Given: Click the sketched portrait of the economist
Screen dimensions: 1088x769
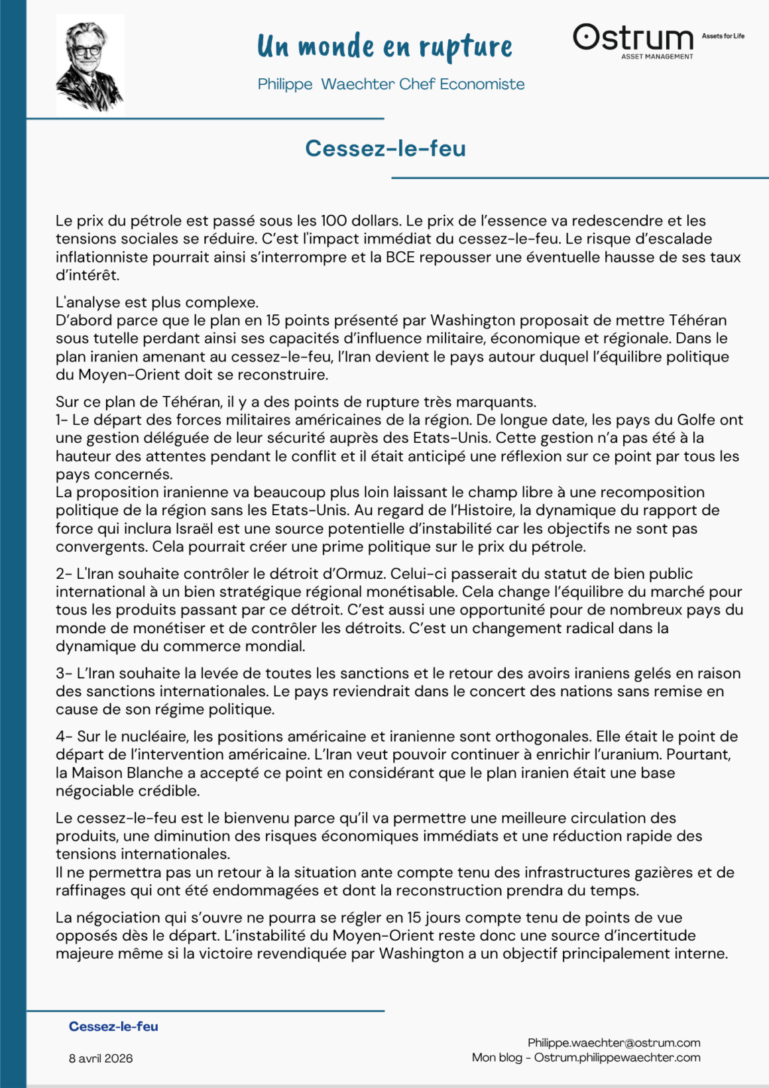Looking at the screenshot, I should [x=89, y=65].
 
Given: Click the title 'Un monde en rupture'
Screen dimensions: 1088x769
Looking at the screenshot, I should [x=384, y=46].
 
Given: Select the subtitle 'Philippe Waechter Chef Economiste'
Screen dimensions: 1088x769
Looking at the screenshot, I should [x=391, y=84].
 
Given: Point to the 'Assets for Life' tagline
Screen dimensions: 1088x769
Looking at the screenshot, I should [x=723, y=36].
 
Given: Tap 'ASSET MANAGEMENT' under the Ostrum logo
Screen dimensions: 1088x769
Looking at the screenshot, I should [x=657, y=57].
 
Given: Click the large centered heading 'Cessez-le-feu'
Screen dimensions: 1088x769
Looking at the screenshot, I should [x=385, y=148].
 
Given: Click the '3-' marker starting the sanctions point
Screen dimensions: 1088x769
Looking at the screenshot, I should [x=64, y=674].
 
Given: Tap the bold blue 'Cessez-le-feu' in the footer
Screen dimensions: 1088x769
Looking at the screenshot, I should [x=113, y=1026].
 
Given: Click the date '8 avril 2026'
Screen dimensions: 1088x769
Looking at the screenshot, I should [x=101, y=1058].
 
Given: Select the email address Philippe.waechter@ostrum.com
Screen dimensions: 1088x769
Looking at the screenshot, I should [x=614, y=1043].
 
